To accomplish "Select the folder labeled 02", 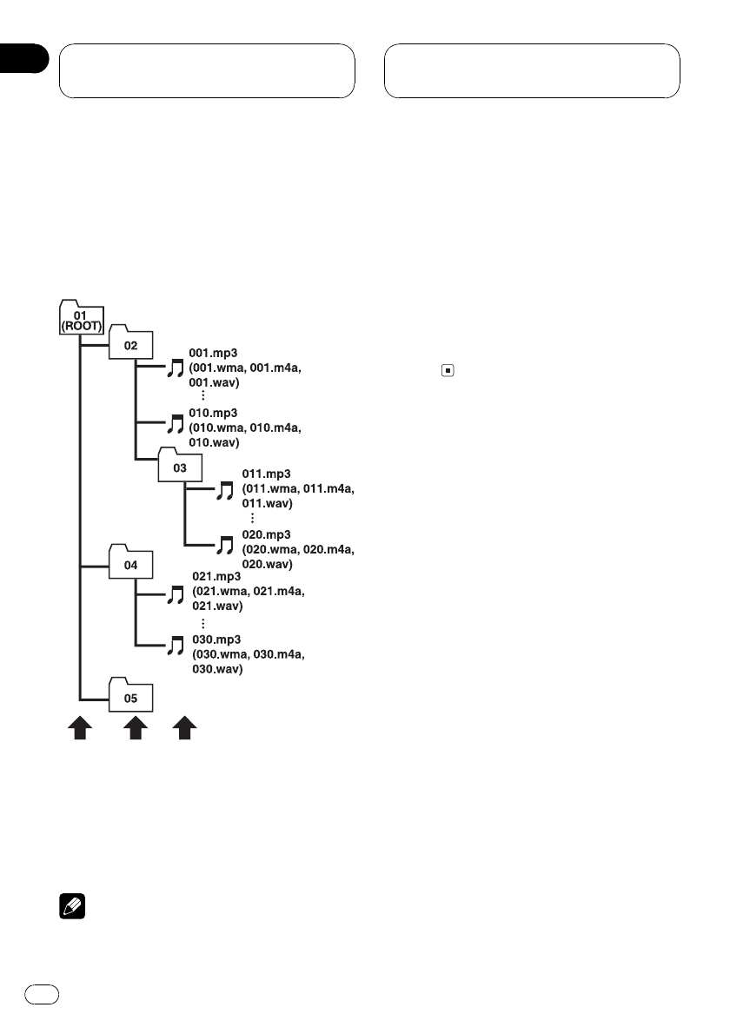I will [x=130, y=345].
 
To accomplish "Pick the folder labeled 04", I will [x=130, y=564].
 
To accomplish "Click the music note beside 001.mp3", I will [x=176, y=369].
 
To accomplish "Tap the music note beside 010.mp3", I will [x=176, y=425].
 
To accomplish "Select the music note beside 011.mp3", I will [x=225, y=491].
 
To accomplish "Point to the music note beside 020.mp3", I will [x=225, y=546].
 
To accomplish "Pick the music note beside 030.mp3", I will [x=176, y=646].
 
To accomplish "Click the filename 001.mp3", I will [x=213, y=355].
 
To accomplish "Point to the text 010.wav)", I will [x=216, y=443].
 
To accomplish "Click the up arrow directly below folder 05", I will [x=134, y=728].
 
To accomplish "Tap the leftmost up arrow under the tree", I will [x=81, y=728].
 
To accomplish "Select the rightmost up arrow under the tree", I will [x=184, y=728].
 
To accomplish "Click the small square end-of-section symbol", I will [x=447, y=370].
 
